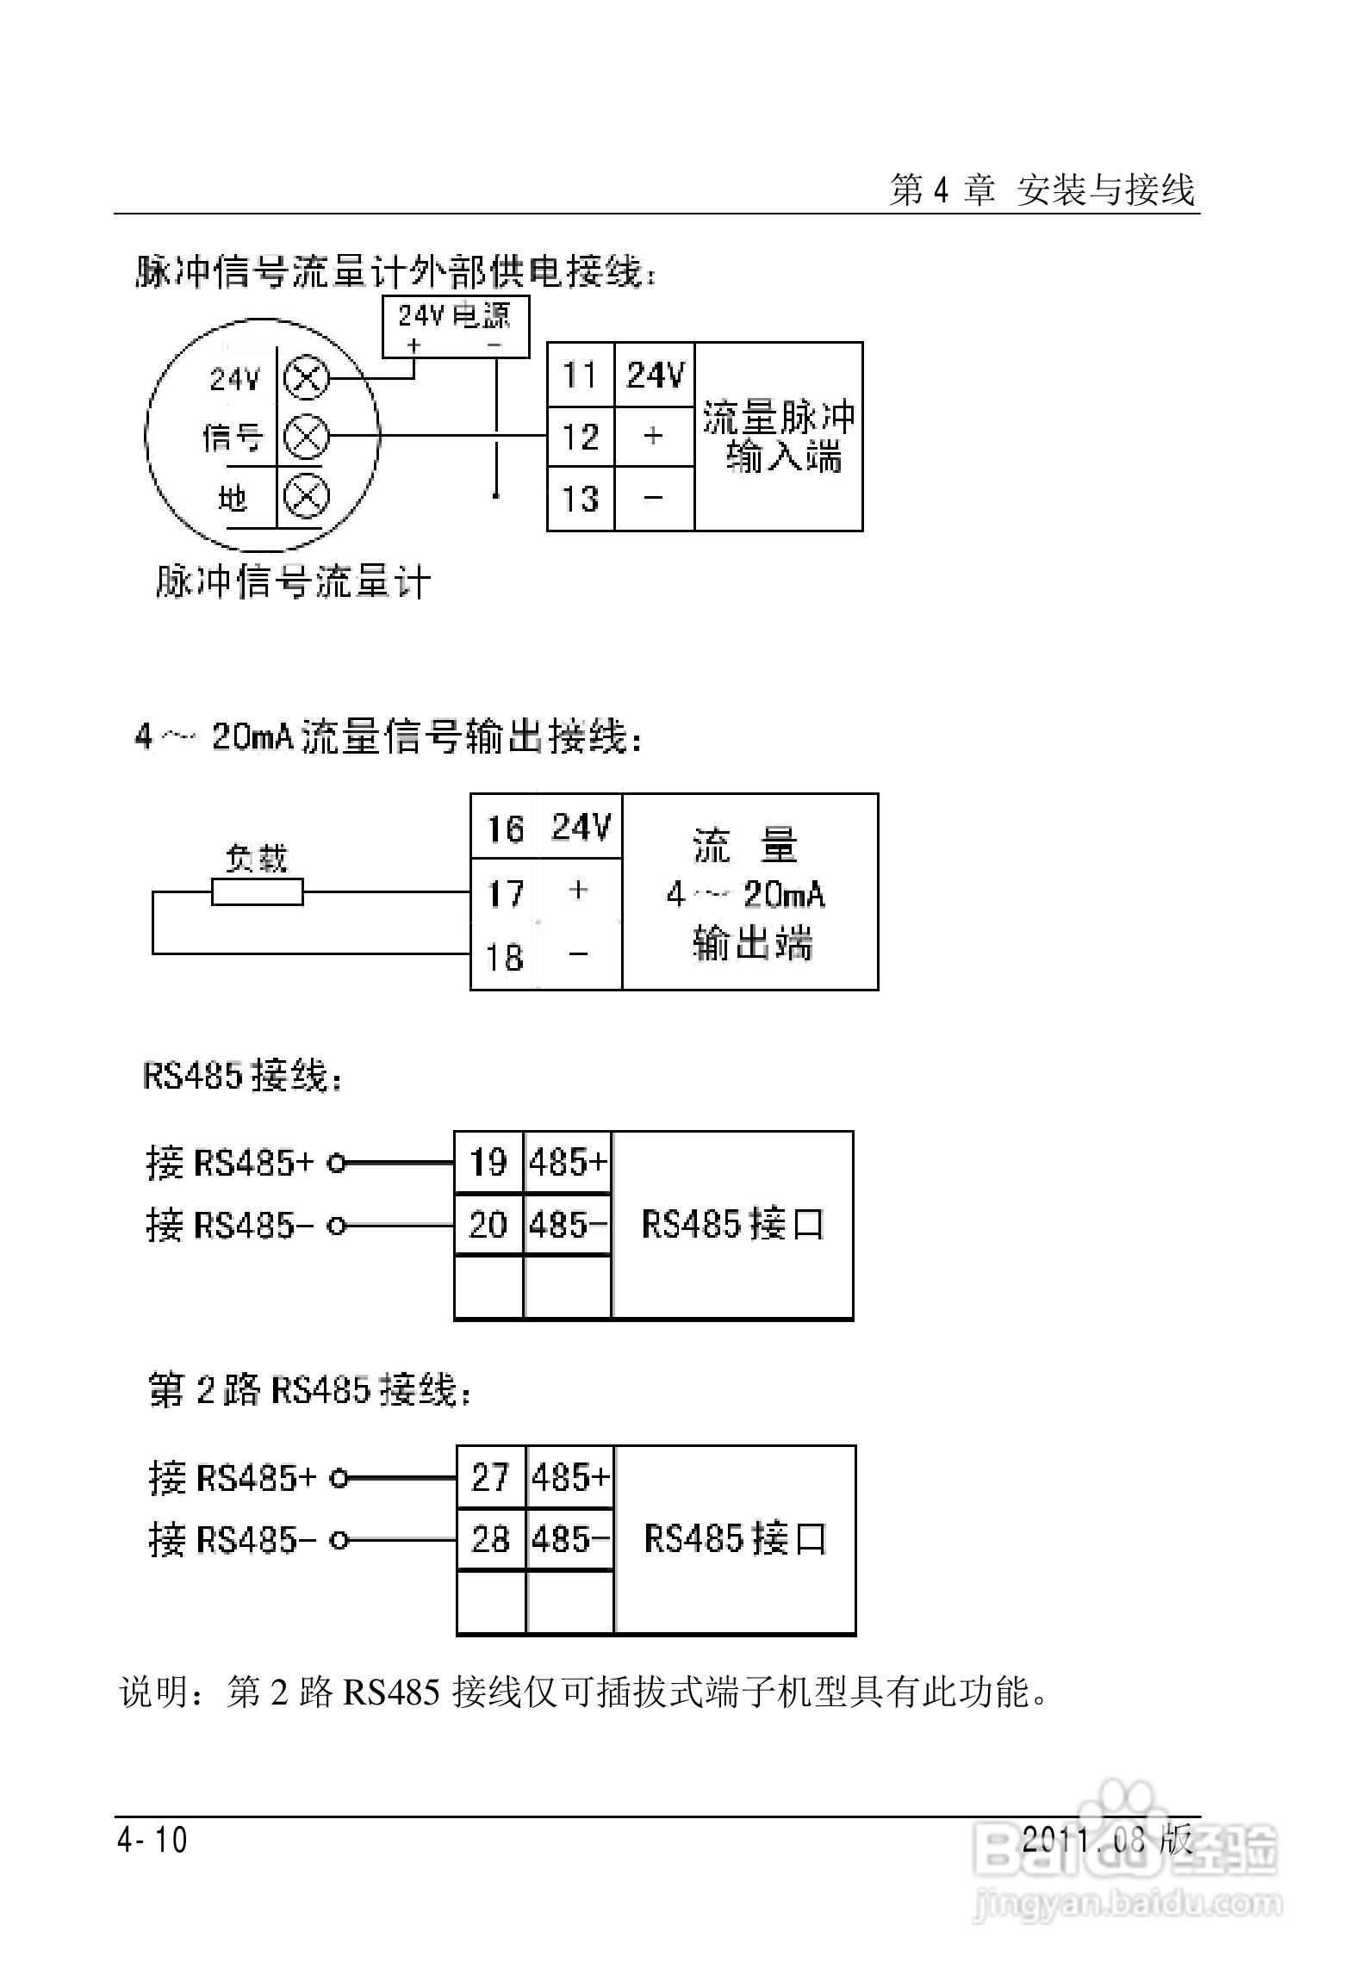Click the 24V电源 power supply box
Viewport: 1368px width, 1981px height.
click(x=455, y=326)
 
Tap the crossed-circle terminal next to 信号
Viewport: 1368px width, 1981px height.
click(x=306, y=437)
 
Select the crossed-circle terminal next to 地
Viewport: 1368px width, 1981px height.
click(x=306, y=497)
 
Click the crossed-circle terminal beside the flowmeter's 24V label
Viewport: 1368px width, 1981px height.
click(x=306, y=377)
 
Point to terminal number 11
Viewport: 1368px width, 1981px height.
click(x=580, y=376)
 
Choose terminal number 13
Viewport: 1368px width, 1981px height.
click(x=580, y=499)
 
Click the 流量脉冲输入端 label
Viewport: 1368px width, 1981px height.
click(x=779, y=437)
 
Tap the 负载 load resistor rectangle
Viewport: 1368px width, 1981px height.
click(x=257, y=891)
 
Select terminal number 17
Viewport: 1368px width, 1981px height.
click(x=506, y=893)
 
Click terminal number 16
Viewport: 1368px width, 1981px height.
click(x=506, y=829)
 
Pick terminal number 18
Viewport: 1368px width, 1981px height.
click(x=506, y=957)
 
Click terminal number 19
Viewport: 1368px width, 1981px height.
click(x=488, y=1163)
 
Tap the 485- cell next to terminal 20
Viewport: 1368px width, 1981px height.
click(x=568, y=1224)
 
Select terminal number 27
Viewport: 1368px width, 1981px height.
click(x=490, y=1477)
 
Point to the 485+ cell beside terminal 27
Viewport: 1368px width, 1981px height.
click(x=569, y=1477)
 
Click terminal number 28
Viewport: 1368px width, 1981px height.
click(x=490, y=1538)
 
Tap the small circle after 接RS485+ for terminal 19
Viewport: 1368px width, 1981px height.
click(x=337, y=1164)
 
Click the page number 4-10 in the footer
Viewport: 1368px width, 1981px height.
click(x=152, y=1841)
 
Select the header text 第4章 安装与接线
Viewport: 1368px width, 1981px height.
click(x=1042, y=189)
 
